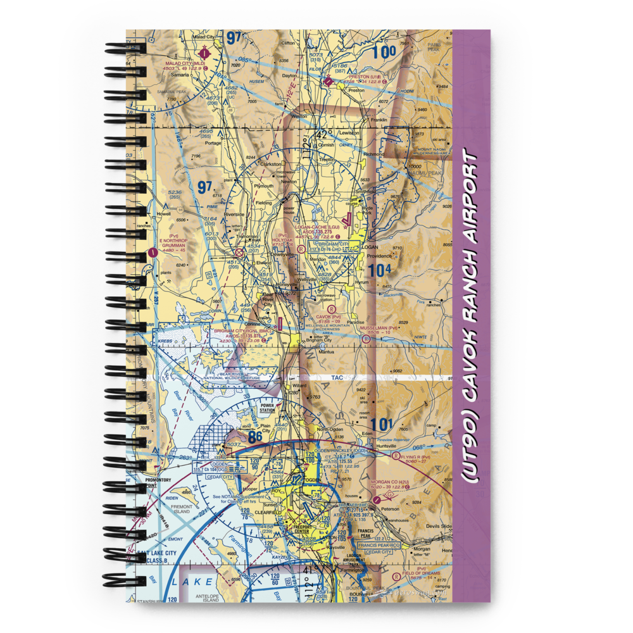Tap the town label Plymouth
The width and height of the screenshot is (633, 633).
263,186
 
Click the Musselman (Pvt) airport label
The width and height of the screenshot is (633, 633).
379,328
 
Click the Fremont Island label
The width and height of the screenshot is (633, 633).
182,508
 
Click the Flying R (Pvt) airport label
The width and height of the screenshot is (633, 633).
416,456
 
